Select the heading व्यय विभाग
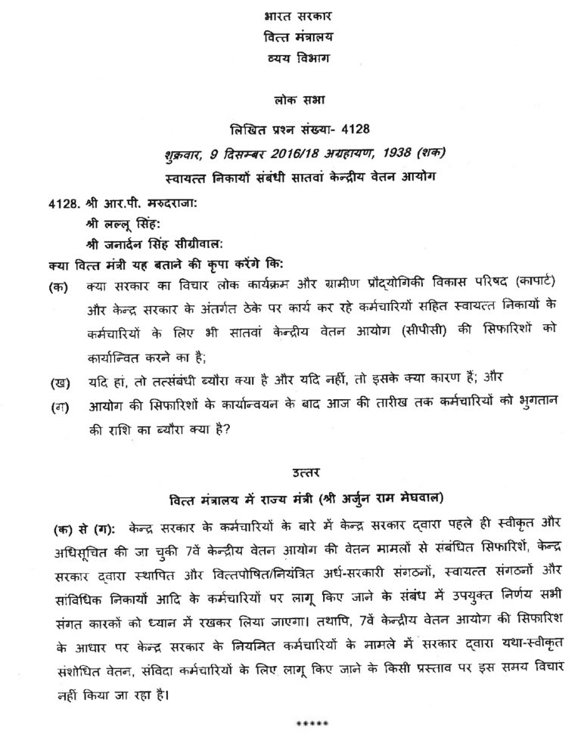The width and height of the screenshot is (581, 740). [x=290, y=59]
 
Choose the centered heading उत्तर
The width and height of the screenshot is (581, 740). [x=290, y=474]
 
